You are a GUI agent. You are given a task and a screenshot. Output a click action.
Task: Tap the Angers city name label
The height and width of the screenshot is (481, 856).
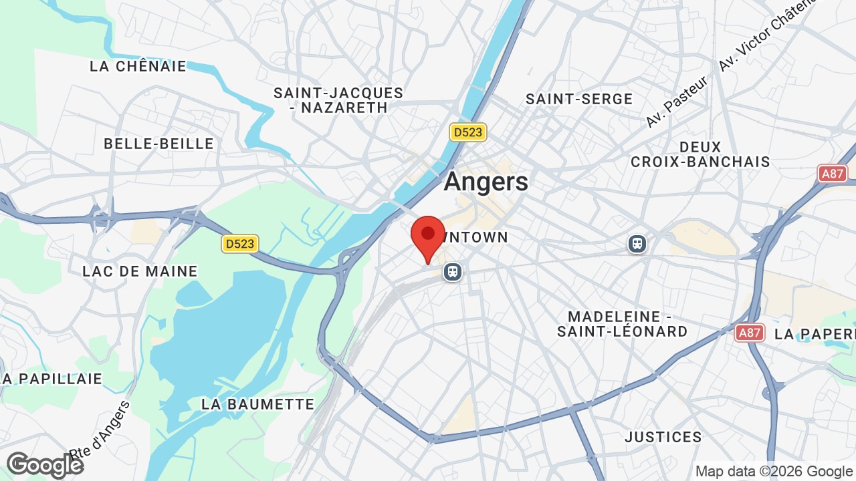(486, 181)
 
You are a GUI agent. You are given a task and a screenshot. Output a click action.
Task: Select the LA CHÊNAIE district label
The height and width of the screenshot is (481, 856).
(138, 66)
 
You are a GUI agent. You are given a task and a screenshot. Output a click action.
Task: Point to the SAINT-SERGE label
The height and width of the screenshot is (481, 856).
(579, 99)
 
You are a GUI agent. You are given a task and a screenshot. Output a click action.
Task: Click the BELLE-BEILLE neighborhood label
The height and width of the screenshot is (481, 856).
(159, 144)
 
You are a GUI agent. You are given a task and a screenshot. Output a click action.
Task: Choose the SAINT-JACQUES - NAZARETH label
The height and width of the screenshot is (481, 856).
(338, 100)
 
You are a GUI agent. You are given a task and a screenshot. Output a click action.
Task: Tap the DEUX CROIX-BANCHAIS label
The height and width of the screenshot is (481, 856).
(700, 154)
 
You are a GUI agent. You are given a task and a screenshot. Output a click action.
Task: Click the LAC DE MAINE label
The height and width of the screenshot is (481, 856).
(140, 271)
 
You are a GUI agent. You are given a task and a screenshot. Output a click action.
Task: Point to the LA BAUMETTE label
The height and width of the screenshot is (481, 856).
(258, 404)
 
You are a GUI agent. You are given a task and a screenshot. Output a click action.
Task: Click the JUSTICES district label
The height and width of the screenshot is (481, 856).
(663, 437)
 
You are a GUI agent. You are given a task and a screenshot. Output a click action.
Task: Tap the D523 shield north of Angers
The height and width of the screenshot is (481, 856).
(467, 132)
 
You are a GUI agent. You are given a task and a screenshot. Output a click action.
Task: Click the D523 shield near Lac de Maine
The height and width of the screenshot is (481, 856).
(240, 244)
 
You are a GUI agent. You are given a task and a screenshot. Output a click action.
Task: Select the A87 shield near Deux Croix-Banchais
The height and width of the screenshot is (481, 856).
(833, 174)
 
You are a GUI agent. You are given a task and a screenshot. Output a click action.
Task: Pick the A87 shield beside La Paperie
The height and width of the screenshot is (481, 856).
(750, 333)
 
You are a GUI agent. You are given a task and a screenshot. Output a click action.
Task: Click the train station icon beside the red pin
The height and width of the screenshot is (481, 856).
(453, 272)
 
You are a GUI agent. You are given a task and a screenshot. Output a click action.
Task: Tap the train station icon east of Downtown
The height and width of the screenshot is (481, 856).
(637, 244)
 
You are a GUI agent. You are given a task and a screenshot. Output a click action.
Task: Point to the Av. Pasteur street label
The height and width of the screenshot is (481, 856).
(676, 102)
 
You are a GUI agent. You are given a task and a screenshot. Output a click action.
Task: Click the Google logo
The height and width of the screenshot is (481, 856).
(45, 465)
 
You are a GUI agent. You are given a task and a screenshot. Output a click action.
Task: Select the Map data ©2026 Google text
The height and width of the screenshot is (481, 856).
(774, 471)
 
